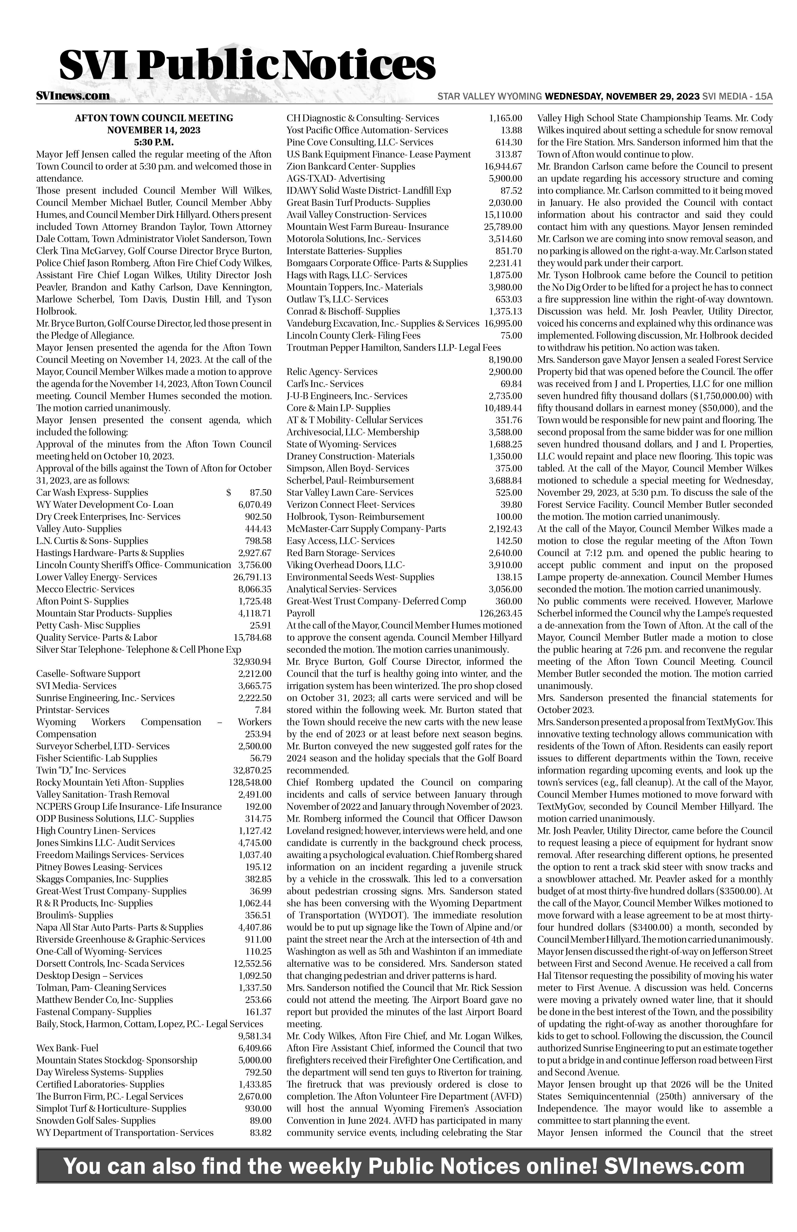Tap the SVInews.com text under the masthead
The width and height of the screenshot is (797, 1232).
pyautogui.click(x=72, y=96)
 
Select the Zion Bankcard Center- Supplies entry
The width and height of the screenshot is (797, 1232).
pyautogui.click(x=351, y=166)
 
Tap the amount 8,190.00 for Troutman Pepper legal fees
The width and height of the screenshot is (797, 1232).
pyautogui.click(x=505, y=359)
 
